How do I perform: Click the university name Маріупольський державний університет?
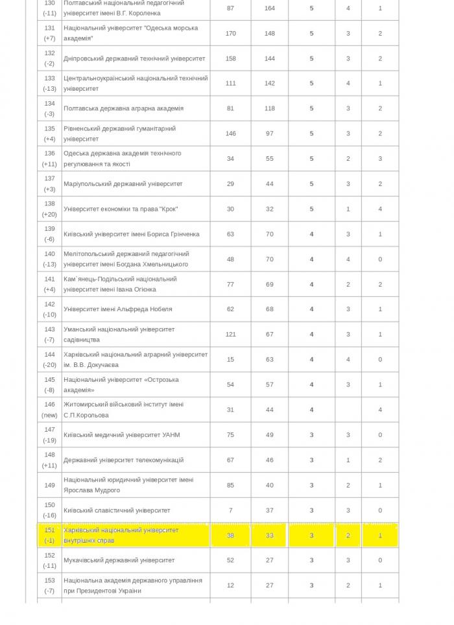click(123, 183)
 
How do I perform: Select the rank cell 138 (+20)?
click(50, 209)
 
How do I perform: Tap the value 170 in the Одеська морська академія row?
click(230, 33)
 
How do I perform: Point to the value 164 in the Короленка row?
click(270, 8)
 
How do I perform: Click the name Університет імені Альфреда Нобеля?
click(118, 309)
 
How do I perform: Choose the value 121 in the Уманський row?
click(230, 335)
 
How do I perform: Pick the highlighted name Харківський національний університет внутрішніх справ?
click(121, 535)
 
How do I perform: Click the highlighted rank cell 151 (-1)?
click(50, 535)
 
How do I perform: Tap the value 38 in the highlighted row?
click(230, 536)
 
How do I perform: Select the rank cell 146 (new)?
click(50, 410)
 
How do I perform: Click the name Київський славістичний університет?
click(117, 510)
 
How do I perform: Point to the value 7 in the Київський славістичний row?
click(230, 510)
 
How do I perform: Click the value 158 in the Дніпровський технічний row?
click(230, 58)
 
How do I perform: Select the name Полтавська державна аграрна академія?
click(123, 108)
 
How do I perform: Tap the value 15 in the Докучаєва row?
click(230, 359)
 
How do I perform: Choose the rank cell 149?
click(50, 485)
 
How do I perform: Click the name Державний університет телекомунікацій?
click(123, 460)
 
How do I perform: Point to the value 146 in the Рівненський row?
click(230, 134)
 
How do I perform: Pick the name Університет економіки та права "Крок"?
click(121, 209)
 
